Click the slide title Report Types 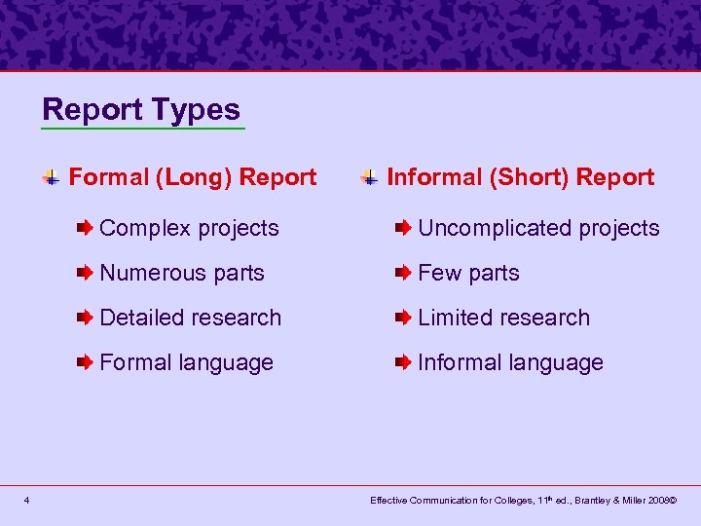(141, 109)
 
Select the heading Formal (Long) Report (193, 177)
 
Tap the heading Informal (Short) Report (521, 177)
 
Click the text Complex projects (189, 228)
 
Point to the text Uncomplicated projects (538, 228)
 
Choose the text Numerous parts (182, 273)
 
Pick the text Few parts (468, 273)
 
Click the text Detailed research (190, 318)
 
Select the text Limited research (503, 318)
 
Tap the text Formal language (186, 362)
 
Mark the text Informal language (510, 362)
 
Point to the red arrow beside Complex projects (86, 228)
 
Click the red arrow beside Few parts (403, 273)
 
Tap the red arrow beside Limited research (403, 318)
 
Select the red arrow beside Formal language (86, 362)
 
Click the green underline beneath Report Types (143, 129)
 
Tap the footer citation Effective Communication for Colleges (523, 501)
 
